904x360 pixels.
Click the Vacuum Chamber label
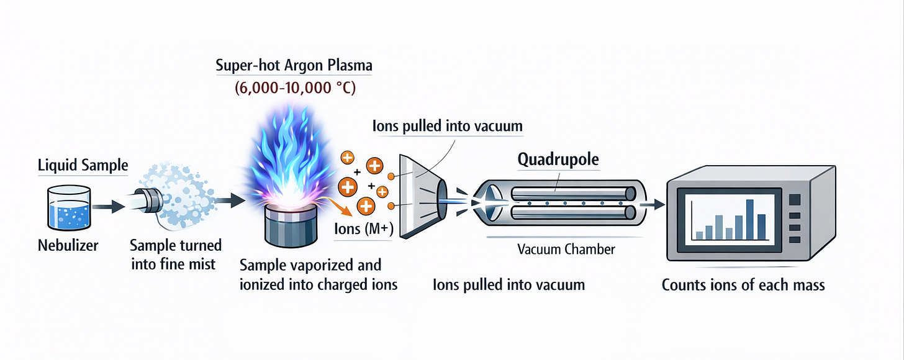point(566,250)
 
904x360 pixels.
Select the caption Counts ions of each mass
point(743,286)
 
